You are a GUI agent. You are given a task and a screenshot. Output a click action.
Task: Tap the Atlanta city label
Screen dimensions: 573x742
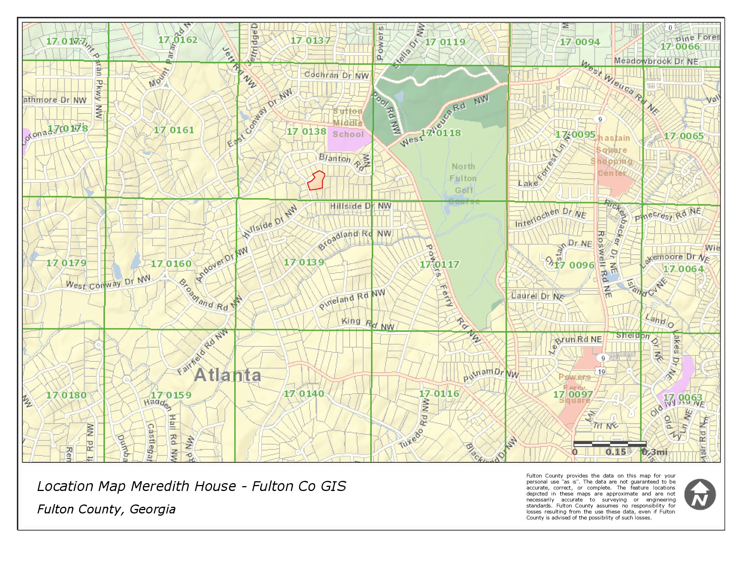[x=227, y=375]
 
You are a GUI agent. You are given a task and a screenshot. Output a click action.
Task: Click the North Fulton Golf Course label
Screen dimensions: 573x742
[x=464, y=184]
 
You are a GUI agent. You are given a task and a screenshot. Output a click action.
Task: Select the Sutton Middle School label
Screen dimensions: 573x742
[x=348, y=123]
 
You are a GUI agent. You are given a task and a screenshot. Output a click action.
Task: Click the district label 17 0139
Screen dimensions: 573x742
[x=304, y=262]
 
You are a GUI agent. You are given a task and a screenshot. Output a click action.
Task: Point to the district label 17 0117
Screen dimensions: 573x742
[x=439, y=264]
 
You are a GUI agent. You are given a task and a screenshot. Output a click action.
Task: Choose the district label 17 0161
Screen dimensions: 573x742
[x=174, y=130]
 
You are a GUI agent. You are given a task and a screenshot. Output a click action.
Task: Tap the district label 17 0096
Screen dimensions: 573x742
[x=574, y=265]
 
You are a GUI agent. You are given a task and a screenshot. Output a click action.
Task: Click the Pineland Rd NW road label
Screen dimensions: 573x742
[x=352, y=299]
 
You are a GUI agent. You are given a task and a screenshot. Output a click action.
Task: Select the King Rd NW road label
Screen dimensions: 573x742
[x=368, y=323]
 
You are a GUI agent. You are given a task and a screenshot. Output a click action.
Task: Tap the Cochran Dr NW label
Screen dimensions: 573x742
[x=337, y=75]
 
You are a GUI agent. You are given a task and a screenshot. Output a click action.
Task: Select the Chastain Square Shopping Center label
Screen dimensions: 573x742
[x=612, y=155]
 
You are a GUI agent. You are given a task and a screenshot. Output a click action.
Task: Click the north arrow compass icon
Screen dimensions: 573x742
[x=700, y=494]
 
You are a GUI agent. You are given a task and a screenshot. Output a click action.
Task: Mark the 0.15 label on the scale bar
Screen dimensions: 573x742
[x=616, y=452]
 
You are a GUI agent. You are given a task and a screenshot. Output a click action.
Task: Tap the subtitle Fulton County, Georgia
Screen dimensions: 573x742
[x=106, y=509]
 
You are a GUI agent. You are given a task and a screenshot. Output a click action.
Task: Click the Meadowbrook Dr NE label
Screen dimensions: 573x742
[x=656, y=61]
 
